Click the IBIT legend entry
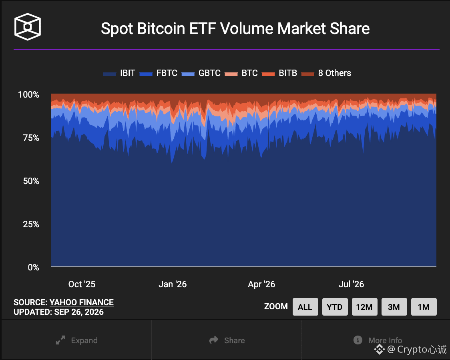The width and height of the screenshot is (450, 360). point(119,73)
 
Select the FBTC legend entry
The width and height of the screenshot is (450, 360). point(159,73)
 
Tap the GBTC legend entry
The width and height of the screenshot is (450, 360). point(201,73)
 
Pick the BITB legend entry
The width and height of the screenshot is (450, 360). point(279,73)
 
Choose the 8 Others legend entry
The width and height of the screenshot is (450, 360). point(326,73)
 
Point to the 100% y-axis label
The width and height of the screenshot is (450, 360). point(28,94)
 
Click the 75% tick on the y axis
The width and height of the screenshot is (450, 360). point(31,138)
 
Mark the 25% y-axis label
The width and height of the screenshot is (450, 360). point(31,224)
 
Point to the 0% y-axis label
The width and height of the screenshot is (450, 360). point(34,268)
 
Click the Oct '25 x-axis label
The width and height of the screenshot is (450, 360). point(82,284)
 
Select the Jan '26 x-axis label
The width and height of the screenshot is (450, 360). point(173,284)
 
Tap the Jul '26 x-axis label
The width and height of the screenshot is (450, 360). point(351,284)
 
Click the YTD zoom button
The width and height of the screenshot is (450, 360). point(335,307)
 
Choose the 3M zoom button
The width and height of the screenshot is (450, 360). point(394,307)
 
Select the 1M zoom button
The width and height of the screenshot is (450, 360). point(424,307)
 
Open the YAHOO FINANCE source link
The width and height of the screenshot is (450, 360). point(82,302)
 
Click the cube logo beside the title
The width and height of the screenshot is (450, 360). point(28,27)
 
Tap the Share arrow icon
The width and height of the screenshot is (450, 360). point(214,340)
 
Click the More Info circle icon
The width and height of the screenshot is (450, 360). point(358,340)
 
